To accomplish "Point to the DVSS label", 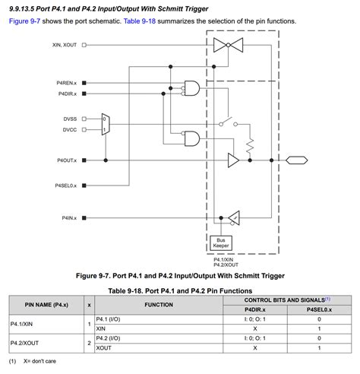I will coord(71,119).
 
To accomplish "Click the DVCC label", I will coord(71,130).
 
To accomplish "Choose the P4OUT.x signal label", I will coord(67,160).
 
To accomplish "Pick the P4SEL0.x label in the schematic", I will coord(66,185).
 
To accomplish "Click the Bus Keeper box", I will coord(221,242).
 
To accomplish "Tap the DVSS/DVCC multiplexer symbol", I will coord(106,125).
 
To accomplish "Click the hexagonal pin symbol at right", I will coord(296,160).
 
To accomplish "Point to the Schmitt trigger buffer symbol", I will coord(234,217).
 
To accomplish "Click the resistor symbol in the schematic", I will coord(248,144).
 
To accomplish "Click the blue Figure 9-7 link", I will coord(26,21).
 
